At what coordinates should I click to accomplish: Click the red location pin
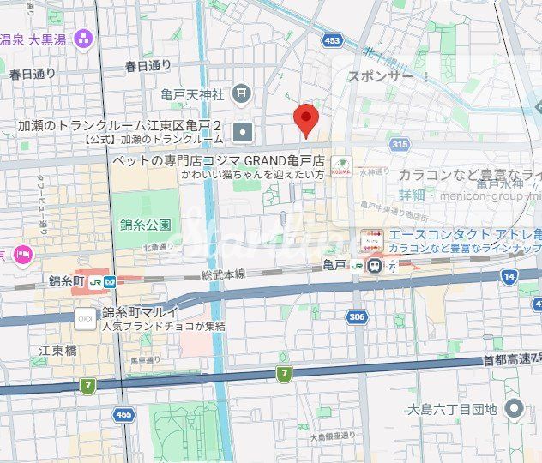coord(306,119)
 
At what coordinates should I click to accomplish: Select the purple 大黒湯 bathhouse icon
coord(83,38)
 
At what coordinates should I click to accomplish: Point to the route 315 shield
coord(399,146)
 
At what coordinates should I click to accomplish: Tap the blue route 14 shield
coord(510,276)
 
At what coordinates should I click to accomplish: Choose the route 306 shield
coord(357,317)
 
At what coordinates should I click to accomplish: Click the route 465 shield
coord(123,414)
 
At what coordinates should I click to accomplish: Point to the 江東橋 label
coord(57,351)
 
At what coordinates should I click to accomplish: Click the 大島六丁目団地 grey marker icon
coord(515,408)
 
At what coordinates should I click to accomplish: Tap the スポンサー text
coord(380,76)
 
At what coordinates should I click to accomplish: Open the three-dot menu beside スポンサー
coord(426,76)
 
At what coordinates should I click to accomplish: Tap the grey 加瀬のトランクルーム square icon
coord(244,132)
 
